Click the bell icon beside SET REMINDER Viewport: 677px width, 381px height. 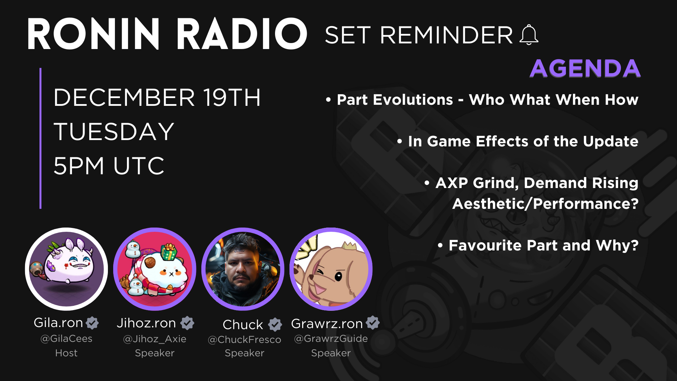pos(529,35)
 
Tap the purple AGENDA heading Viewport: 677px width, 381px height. pos(585,68)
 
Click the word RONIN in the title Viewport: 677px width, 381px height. pos(93,34)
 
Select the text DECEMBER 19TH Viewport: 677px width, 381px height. pos(157,98)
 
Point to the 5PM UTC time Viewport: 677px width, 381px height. pos(109,166)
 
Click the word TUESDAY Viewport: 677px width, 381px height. pos(114,132)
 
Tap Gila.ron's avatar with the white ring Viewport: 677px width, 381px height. pos(66,269)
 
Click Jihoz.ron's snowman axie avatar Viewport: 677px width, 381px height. pos(154,269)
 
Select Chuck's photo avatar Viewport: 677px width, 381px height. pos(243,269)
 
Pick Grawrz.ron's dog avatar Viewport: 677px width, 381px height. pos(331,269)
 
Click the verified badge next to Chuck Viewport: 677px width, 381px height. pos(275,325)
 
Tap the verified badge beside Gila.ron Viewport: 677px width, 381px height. pos(92,322)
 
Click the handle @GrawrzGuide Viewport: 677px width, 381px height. pos(331,339)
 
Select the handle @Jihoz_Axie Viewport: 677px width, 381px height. pos(154,339)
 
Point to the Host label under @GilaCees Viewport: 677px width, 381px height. pos(66,353)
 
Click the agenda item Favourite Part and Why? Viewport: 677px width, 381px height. pos(543,245)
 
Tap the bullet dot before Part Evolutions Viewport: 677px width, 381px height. pos(328,100)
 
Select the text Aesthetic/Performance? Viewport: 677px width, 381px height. pos(545,204)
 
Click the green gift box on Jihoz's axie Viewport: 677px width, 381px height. pos(169,252)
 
